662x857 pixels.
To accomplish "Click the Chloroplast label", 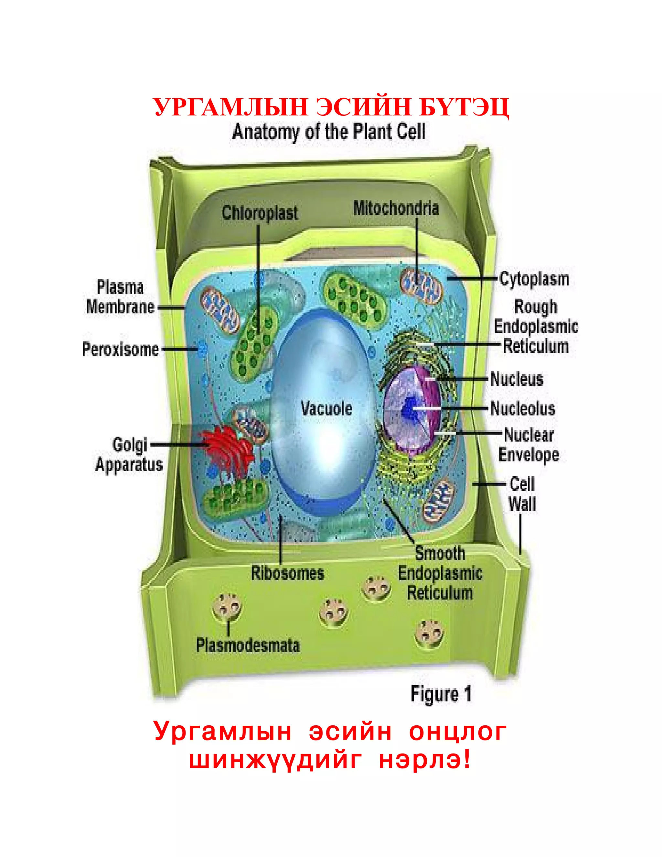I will click(260, 213).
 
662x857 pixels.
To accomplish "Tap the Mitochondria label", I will click(396, 208).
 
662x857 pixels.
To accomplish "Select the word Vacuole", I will click(326, 408).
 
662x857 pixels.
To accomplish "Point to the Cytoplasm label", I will click(534, 279).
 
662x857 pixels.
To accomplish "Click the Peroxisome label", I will click(120, 349).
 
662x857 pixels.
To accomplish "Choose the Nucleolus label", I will click(523, 408).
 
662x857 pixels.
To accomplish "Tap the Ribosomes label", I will click(287, 573).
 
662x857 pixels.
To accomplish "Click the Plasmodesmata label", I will click(248, 645).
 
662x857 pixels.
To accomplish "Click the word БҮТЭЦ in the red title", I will click(464, 107).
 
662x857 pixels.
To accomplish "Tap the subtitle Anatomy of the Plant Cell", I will click(329, 132).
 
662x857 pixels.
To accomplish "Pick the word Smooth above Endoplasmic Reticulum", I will click(440, 554).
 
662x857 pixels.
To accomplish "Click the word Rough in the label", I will click(535, 307).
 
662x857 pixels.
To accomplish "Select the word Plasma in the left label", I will click(120, 287).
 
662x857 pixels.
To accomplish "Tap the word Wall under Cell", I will click(522, 504).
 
